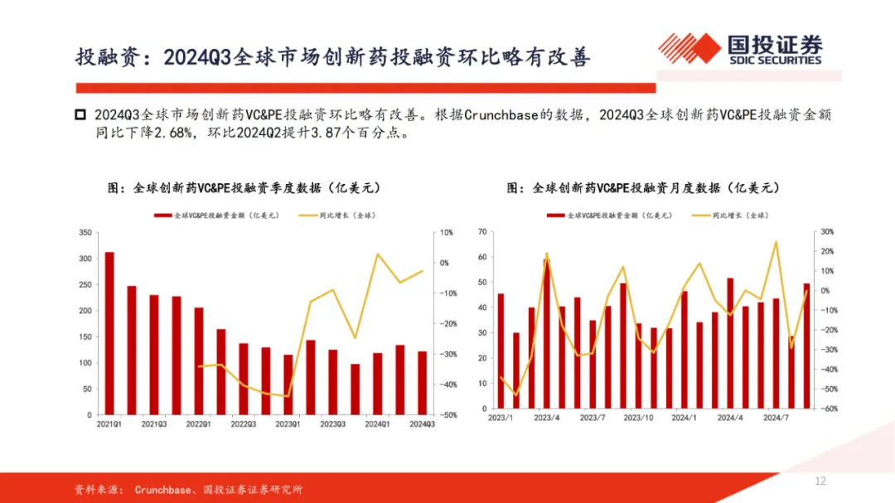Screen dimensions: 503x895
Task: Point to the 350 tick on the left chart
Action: point(85,233)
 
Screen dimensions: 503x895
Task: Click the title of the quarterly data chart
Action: point(244,188)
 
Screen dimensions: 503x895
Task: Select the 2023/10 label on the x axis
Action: point(638,419)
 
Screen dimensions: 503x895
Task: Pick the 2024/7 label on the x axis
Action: point(775,419)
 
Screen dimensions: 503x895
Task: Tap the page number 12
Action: point(820,481)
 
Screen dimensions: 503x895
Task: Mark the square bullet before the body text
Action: point(80,114)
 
